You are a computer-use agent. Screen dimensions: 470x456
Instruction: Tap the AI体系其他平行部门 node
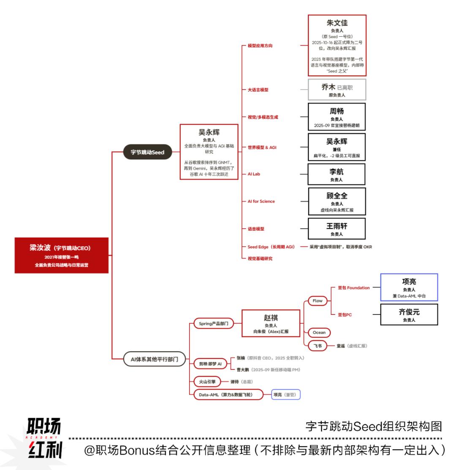pos(151,359)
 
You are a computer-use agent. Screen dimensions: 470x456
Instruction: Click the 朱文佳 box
pos(337,45)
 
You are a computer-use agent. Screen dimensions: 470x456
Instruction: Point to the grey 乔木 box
pos(337,90)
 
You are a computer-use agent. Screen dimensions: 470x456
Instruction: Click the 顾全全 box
pos(337,201)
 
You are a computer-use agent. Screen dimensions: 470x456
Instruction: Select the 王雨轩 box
pos(337,229)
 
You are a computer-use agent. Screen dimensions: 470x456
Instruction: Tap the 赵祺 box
pos(271,323)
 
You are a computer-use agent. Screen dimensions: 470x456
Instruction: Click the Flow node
pos(318,301)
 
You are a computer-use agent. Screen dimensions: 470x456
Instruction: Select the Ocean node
pos(319,332)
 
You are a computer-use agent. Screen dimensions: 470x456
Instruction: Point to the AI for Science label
pos(261,201)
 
